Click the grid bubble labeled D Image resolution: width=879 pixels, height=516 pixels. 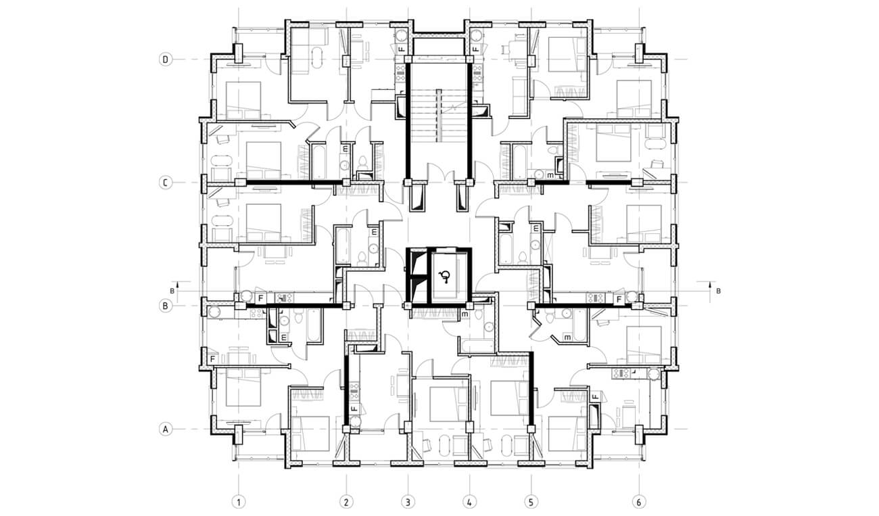click(x=166, y=60)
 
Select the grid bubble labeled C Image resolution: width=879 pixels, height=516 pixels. click(x=166, y=183)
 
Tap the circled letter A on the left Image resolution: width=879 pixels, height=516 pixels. click(x=166, y=429)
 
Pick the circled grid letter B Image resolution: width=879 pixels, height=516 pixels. click(x=166, y=306)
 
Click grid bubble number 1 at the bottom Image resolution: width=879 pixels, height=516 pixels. click(x=239, y=502)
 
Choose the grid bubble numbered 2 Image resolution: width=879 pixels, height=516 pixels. click(x=346, y=502)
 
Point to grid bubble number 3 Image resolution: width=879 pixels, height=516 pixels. click(x=408, y=502)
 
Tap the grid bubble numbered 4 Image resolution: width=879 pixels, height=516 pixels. click(x=469, y=502)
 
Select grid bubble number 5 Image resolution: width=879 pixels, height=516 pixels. click(x=531, y=502)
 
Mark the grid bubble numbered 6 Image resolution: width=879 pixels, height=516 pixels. click(x=639, y=502)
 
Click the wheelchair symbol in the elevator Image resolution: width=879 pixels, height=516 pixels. click(x=445, y=277)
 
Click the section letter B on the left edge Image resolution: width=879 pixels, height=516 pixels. click(x=172, y=291)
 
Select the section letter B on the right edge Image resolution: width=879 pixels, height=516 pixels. click(x=718, y=291)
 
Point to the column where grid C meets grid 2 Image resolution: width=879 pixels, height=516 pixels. click(x=346, y=183)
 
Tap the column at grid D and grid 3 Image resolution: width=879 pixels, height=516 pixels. click(x=408, y=60)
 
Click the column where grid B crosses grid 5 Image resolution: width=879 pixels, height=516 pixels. click(x=531, y=306)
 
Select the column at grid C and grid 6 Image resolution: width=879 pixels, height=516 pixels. click(x=637, y=183)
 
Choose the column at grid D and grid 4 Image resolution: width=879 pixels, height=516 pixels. click(x=469, y=60)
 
